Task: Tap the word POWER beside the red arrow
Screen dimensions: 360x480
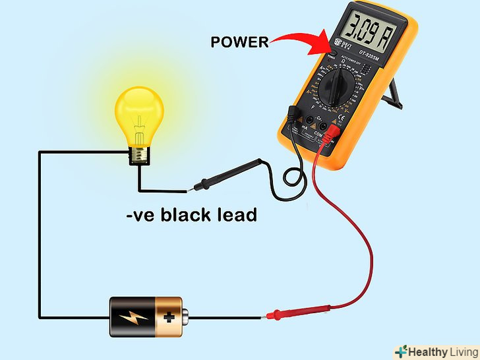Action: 239,42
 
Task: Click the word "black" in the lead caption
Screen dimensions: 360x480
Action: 192,215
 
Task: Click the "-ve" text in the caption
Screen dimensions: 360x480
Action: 141,216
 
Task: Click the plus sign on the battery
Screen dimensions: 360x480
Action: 169,317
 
